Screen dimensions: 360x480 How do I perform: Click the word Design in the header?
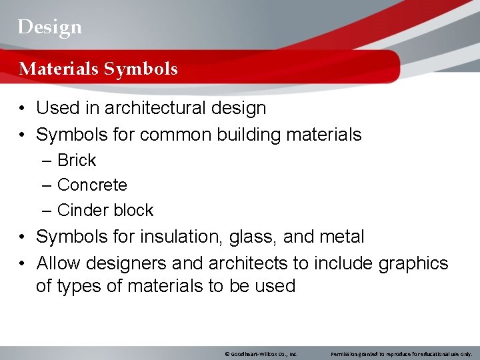tap(50, 27)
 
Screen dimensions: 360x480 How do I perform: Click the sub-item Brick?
tap(77, 161)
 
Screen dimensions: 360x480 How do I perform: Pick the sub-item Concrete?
tap(92, 185)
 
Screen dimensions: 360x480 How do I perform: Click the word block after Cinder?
tap(133, 211)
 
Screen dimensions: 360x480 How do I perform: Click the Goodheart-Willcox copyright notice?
tap(261, 353)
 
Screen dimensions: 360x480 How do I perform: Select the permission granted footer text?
tap(401, 353)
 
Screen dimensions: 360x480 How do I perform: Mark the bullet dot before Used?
tap(23, 109)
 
